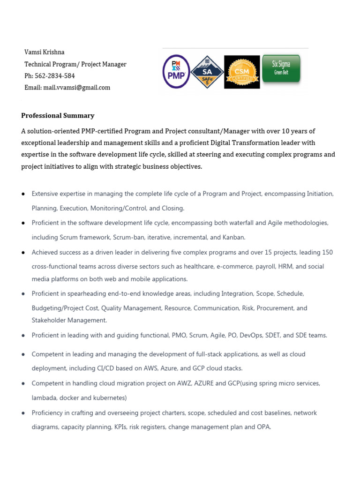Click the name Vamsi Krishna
pyautogui.click(x=45, y=52)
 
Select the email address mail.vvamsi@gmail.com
pyautogui.click(x=76, y=87)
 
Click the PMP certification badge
pyautogui.click(x=176, y=72)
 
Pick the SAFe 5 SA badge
pyautogui.click(x=207, y=72)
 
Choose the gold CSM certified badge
pyautogui.click(x=242, y=72)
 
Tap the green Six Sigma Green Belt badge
pyautogui.click(x=281, y=69)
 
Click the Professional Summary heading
pyautogui.click(x=58, y=115)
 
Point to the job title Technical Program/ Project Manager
pyautogui.click(x=75, y=64)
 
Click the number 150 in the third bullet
pyautogui.click(x=328, y=252)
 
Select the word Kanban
pyautogui.click(x=234, y=237)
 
